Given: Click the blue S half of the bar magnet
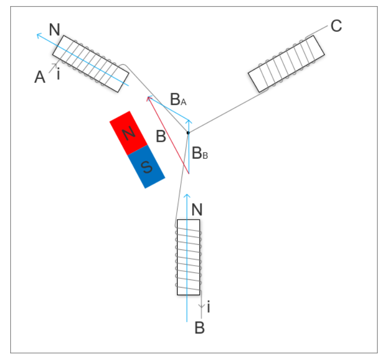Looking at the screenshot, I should tap(146, 166).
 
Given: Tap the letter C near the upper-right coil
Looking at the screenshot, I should tap(336, 26).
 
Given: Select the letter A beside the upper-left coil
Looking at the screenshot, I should tap(40, 78).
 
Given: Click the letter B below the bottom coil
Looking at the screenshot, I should tap(200, 328).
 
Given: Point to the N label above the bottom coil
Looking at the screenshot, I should tap(198, 209).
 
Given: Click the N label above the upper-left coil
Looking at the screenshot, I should tap(55, 30).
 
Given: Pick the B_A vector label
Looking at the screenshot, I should tap(178, 100).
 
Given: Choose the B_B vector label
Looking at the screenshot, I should tap(200, 152).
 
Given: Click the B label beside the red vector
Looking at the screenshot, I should tap(161, 137).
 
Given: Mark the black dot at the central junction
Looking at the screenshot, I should tap(188, 133).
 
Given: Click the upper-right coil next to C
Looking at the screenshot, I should tap(286, 64).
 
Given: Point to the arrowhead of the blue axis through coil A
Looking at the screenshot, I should tap(38, 35).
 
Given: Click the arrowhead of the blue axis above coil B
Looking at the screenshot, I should tap(187, 195).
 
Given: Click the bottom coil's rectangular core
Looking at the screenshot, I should tap(188, 257).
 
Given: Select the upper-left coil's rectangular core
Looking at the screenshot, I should tap(90, 64).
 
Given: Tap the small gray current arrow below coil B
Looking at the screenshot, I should tap(202, 306).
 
